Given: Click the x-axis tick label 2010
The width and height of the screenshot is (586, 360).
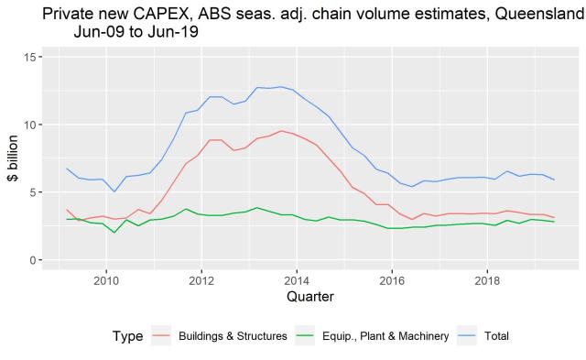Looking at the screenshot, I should [106, 279].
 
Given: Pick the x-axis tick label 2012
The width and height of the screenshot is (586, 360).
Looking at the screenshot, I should [201, 279].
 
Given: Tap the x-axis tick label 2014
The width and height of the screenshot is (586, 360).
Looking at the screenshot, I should [297, 279].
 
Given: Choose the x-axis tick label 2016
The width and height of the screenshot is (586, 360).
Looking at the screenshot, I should [392, 279].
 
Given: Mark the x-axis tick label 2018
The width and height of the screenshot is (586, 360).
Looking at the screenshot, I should [487, 279].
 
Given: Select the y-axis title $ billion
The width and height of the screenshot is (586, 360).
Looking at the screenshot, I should [12, 158].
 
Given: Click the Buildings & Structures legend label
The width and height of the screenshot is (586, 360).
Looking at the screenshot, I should [233, 336].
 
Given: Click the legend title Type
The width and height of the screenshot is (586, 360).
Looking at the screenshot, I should [127, 336].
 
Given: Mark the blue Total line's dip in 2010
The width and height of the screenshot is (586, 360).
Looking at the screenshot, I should [114, 191].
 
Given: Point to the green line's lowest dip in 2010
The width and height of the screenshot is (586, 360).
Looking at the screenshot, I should [114, 233].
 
